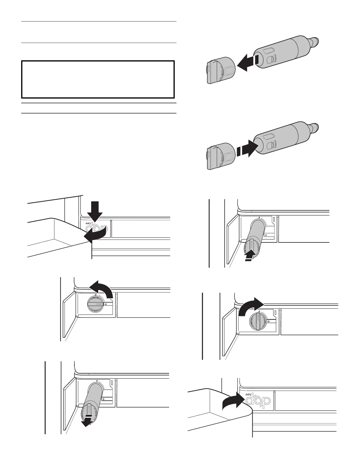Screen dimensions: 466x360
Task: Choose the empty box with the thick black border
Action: pos(98,79)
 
